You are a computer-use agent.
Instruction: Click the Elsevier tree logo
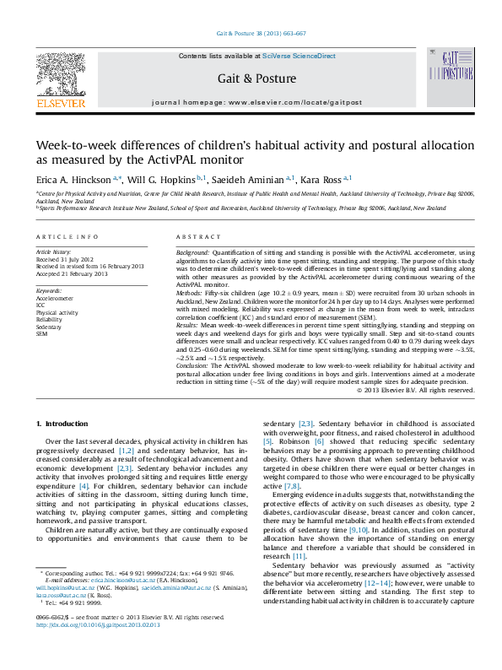point(60,75)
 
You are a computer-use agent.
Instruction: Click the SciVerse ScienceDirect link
point(299,56)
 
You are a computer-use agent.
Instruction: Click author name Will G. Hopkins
point(165,179)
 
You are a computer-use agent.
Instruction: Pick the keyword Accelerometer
point(55,298)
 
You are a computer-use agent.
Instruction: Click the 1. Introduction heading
point(59,422)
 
